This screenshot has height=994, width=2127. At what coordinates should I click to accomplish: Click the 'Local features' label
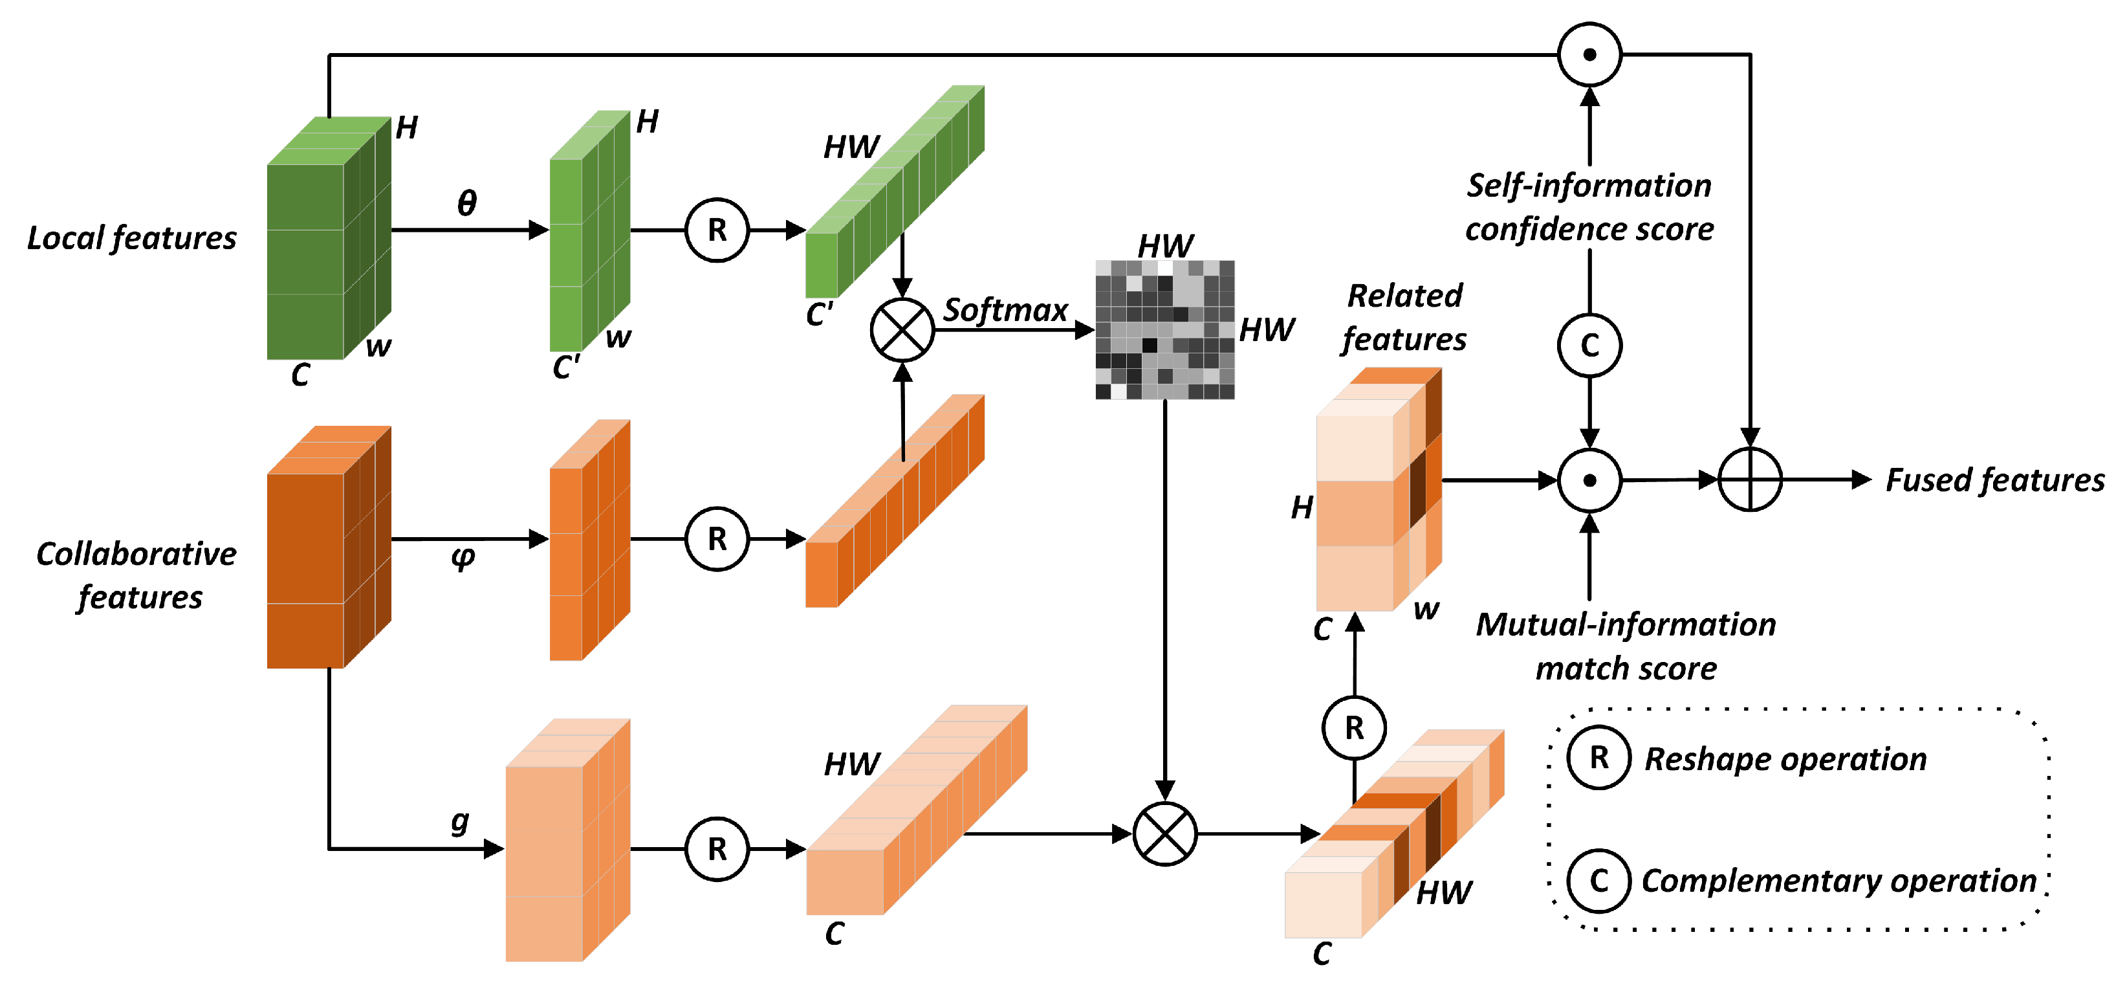click(132, 238)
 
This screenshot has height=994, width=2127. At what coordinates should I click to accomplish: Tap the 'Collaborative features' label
click(137, 575)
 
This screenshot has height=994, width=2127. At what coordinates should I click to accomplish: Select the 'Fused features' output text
click(1994, 480)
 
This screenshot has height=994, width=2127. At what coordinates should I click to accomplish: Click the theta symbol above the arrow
click(466, 203)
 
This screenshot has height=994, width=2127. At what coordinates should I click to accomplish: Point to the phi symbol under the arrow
click(463, 558)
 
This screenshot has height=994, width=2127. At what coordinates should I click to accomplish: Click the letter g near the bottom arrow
click(460, 821)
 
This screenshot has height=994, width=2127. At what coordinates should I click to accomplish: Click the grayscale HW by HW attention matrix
click(1164, 329)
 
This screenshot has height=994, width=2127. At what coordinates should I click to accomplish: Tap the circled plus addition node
click(1750, 480)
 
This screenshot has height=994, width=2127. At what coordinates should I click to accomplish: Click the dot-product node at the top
click(1589, 54)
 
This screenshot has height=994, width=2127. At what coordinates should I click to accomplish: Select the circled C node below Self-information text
click(1589, 346)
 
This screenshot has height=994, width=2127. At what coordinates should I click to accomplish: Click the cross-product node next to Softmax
click(902, 329)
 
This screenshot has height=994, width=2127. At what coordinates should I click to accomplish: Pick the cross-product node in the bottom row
click(1164, 834)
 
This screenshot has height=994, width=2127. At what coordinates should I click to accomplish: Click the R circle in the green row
click(717, 230)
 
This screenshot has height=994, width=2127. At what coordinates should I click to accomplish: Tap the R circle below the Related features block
click(1354, 728)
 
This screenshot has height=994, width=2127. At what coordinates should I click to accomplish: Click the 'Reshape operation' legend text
click(1785, 758)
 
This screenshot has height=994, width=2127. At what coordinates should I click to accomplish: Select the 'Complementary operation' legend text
click(1838, 881)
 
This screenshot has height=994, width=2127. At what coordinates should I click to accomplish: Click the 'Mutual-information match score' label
click(1625, 645)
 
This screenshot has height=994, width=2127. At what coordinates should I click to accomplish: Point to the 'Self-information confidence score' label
click(1589, 206)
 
